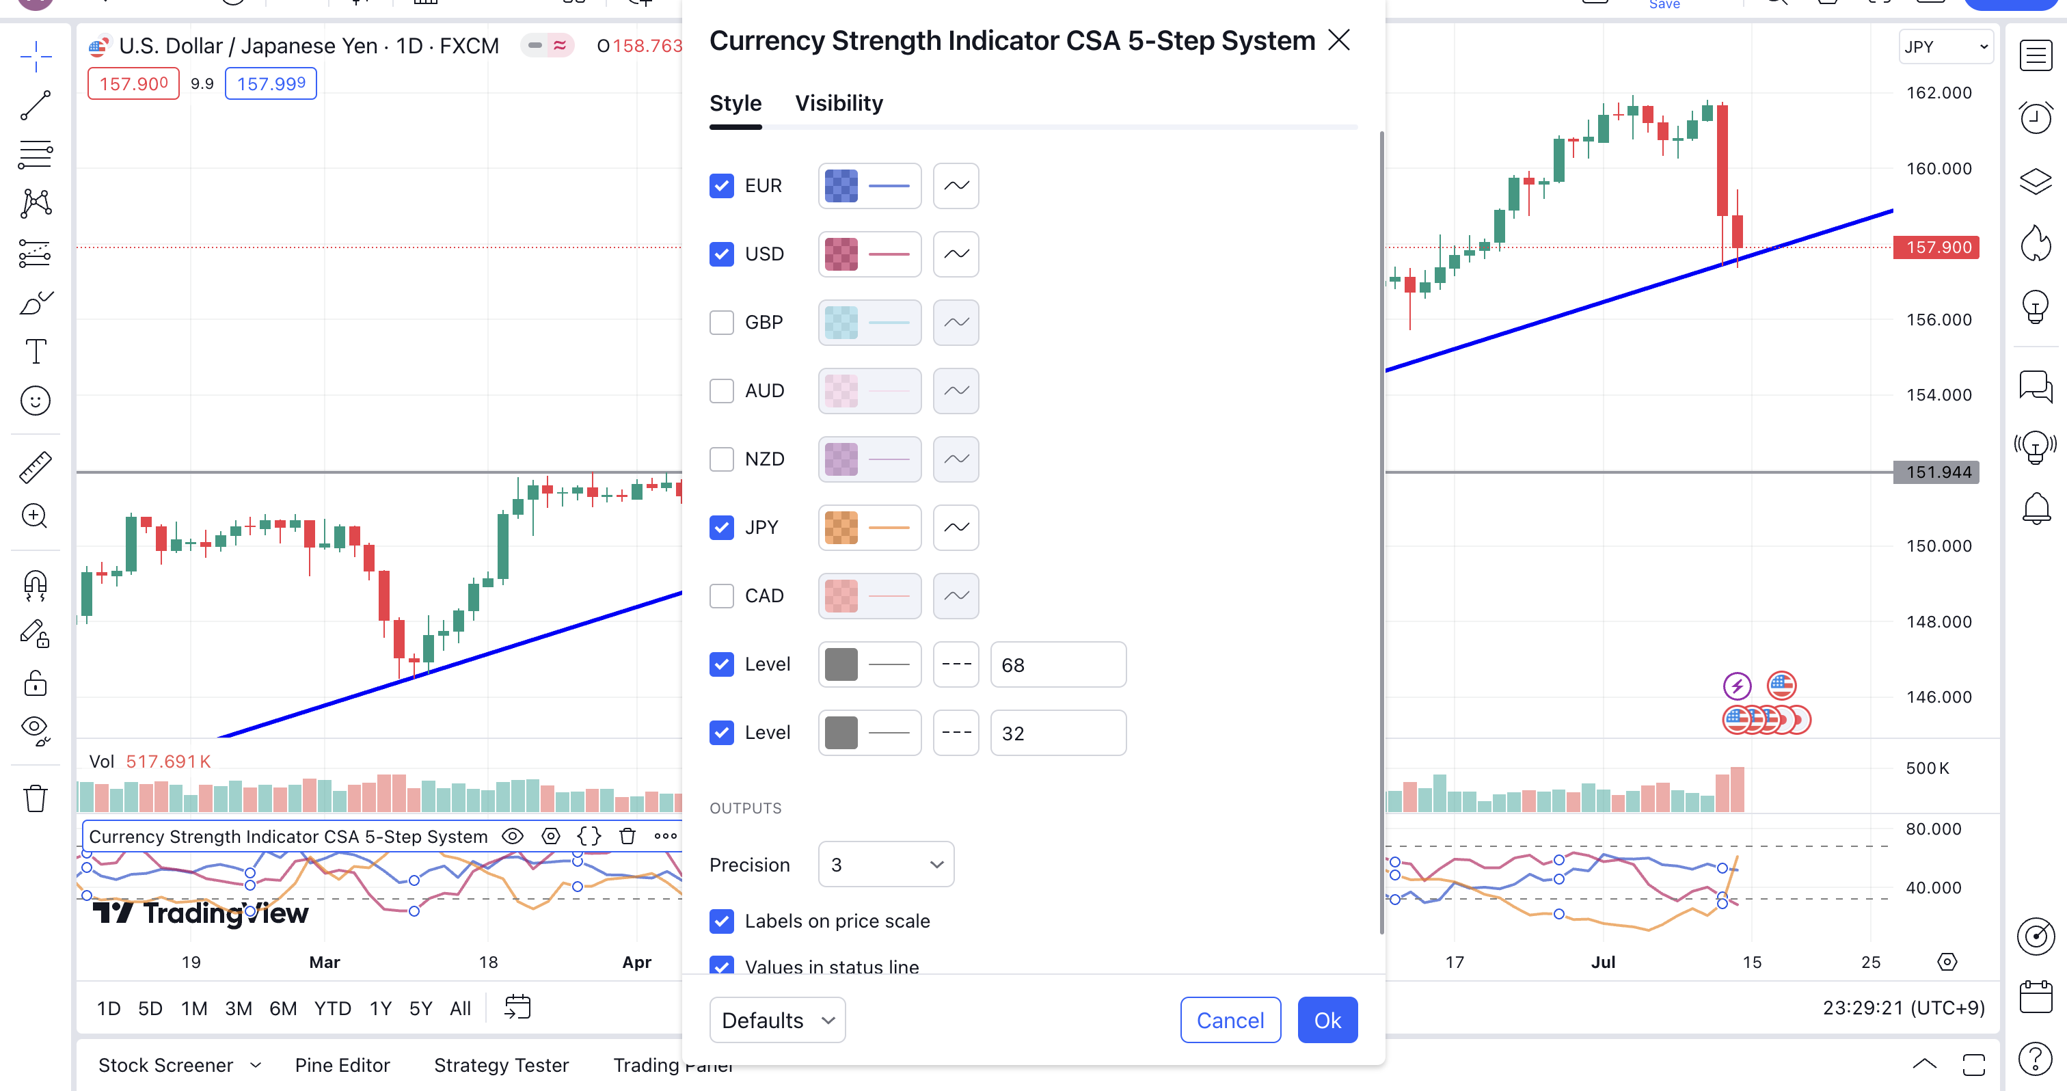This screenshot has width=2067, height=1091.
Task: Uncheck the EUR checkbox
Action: (721, 186)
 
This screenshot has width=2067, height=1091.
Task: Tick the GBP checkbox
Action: (721, 323)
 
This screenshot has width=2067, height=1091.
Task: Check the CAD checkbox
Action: (721, 596)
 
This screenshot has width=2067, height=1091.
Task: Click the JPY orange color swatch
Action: (841, 528)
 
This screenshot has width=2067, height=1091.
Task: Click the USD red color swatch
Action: (841, 254)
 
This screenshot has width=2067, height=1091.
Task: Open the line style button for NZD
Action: (956, 459)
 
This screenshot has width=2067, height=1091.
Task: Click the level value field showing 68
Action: (1057, 665)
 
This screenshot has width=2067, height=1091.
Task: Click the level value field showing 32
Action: (1057, 733)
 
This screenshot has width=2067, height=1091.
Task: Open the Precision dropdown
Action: (886, 865)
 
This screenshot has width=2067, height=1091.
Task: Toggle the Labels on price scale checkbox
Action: (721, 921)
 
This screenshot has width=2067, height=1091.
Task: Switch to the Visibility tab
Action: (839, 103)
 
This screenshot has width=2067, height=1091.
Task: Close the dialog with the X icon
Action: (1338, 40)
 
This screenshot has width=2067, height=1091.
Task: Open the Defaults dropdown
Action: (776, 1021)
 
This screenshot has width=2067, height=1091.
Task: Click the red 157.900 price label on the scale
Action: (1937, 247)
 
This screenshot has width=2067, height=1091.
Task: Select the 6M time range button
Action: (282, 1008)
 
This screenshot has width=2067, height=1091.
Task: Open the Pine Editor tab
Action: (342, 1065)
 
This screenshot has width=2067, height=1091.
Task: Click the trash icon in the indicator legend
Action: (627, 837)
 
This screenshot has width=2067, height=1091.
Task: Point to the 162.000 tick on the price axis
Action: (1938, 93)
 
